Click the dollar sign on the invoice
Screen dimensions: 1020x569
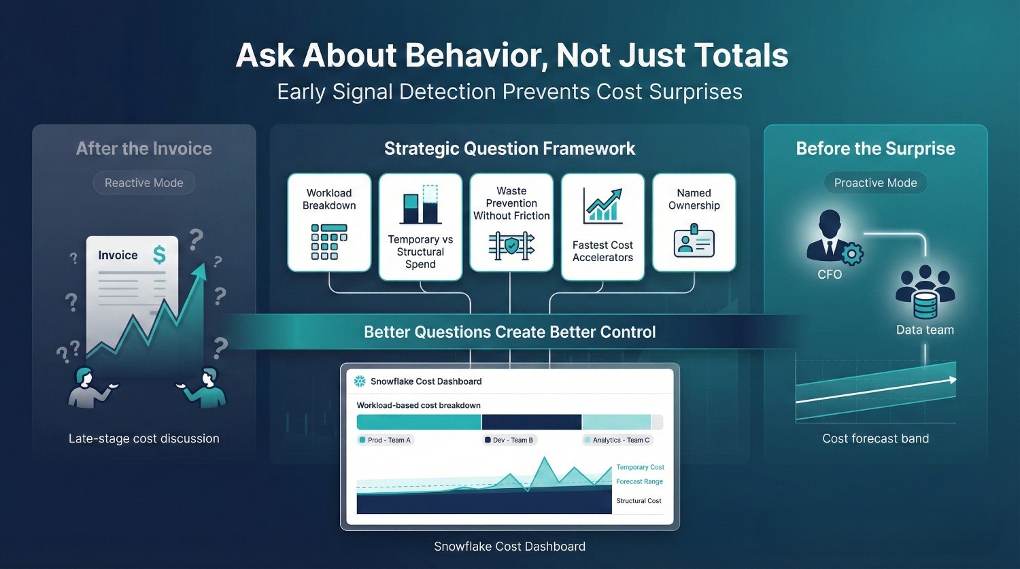159,255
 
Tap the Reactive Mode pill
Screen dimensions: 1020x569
144,183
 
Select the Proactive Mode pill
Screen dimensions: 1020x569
875,183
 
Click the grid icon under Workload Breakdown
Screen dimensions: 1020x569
328,242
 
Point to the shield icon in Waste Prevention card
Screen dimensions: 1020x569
511,246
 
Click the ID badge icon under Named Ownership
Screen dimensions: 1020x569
694,241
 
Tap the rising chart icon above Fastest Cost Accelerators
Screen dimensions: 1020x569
603,206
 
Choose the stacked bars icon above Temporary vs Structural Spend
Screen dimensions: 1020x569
420,204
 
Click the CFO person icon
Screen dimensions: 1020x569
830,235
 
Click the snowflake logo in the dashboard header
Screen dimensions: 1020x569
360,381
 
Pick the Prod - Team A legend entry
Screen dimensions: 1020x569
386,441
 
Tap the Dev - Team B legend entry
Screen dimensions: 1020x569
509,441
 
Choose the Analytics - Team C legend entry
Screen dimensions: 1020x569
617,441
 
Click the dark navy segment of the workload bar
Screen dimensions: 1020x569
531,422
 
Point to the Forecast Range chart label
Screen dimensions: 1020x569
639,481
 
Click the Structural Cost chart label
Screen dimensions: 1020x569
639,501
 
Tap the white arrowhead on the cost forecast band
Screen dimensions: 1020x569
953,379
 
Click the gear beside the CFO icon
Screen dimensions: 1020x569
851,254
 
